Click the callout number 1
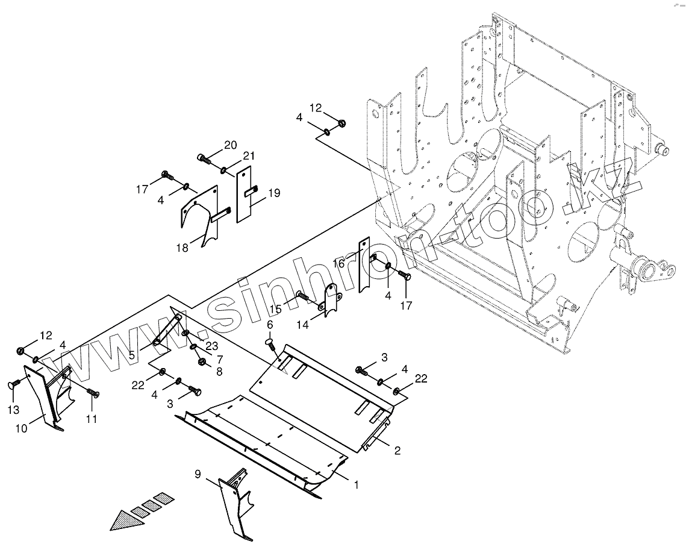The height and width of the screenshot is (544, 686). coord(356,484)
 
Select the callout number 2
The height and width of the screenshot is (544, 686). coord(397,450)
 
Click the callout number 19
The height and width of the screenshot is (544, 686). coord(274,193)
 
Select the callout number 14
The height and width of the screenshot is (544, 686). coord(302,324)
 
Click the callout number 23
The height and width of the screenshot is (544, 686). coord(211,346)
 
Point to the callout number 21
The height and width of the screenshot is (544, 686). coord(246,156)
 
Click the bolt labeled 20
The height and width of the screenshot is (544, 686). coord(204,159)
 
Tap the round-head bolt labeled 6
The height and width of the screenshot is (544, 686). coord(270,344)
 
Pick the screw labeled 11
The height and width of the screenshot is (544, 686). coord(92,393)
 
